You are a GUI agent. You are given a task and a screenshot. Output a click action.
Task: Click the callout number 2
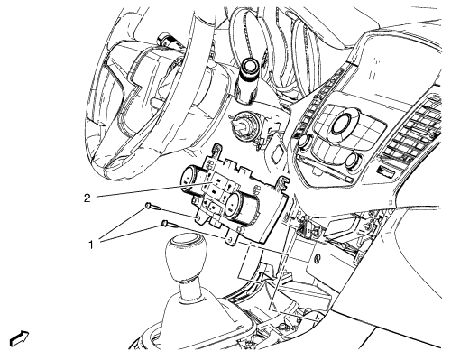tap(87, 198)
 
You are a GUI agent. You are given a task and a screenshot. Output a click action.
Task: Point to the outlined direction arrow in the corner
tap(20, 338)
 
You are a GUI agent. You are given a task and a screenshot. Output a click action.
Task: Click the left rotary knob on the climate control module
tap(191, 180)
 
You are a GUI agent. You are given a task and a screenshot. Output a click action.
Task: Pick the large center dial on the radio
tap(342, 124)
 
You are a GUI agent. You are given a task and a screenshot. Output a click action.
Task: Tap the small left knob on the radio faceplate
tap(304, 141)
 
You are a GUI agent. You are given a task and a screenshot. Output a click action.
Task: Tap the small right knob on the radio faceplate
tap(352, 161)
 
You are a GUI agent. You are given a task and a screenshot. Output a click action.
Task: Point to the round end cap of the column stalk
tap(250, 65)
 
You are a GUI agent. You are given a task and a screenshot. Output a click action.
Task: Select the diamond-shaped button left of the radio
tap(277, 152)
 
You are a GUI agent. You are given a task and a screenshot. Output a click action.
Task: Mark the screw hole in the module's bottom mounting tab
tap(230, 240)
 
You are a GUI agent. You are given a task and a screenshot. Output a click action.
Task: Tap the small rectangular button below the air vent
tap(386, 171)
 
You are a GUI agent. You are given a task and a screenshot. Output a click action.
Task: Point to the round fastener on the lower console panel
tap(317, 259)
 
